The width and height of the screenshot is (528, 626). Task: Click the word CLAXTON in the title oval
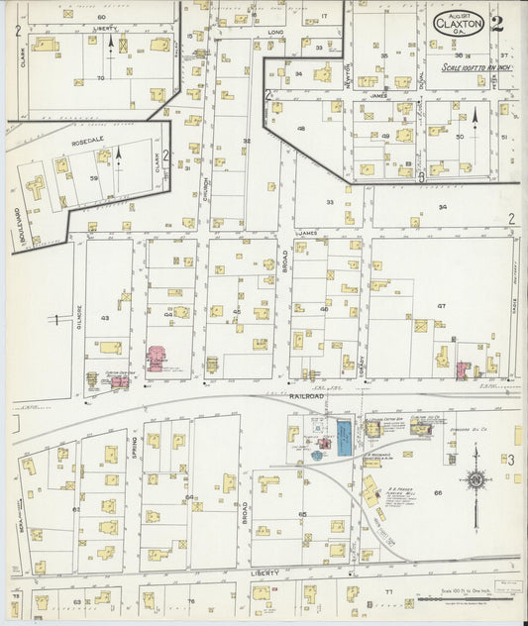[x=458, y=24]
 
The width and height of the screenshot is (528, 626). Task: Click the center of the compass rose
[x=476, y=480]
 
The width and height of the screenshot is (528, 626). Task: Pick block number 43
[x=105, y=317]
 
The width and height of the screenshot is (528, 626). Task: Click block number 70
[x=100, y=77]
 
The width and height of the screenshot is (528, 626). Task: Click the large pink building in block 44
[x=157, y=358]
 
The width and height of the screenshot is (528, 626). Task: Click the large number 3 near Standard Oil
[x=511, y=461]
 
